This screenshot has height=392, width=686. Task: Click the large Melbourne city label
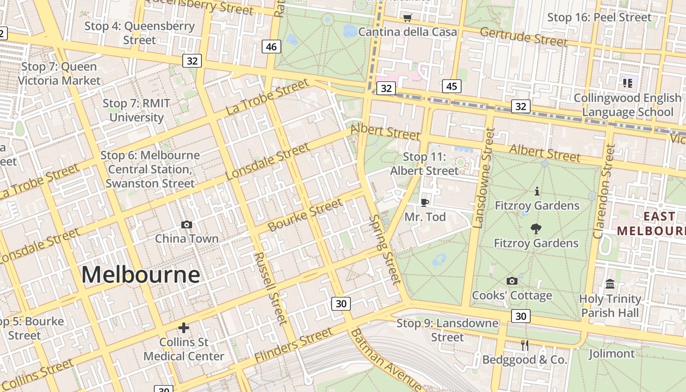[x=141, y=274]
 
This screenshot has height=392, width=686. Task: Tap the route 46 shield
[x=271, y=47]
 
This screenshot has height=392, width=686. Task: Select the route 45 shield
[x=451, y=86]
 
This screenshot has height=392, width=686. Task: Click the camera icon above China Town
[x=187, y=224]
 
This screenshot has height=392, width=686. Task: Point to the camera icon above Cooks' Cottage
[x=512, y=281]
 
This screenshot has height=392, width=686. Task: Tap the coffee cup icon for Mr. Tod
[x=425, y=202]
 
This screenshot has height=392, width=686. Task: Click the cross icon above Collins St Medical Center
[x=184, y=328]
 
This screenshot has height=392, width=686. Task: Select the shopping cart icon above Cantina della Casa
[x=407, y=18]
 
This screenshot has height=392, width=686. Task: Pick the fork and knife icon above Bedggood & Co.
[x=525, y=345]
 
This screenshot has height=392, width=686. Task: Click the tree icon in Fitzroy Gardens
[x=536, y=228]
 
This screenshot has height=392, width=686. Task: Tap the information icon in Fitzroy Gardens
[x=537, y=191]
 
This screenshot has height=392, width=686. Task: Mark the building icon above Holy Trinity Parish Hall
[x=610, y=284]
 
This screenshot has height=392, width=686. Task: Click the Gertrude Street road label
[x=523, y=37]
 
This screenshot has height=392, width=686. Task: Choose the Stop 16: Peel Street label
[x=599, y=18]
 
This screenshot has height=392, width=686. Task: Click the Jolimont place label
[x=612, y=353]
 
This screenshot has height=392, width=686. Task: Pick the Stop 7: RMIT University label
[x=136, y=110]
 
